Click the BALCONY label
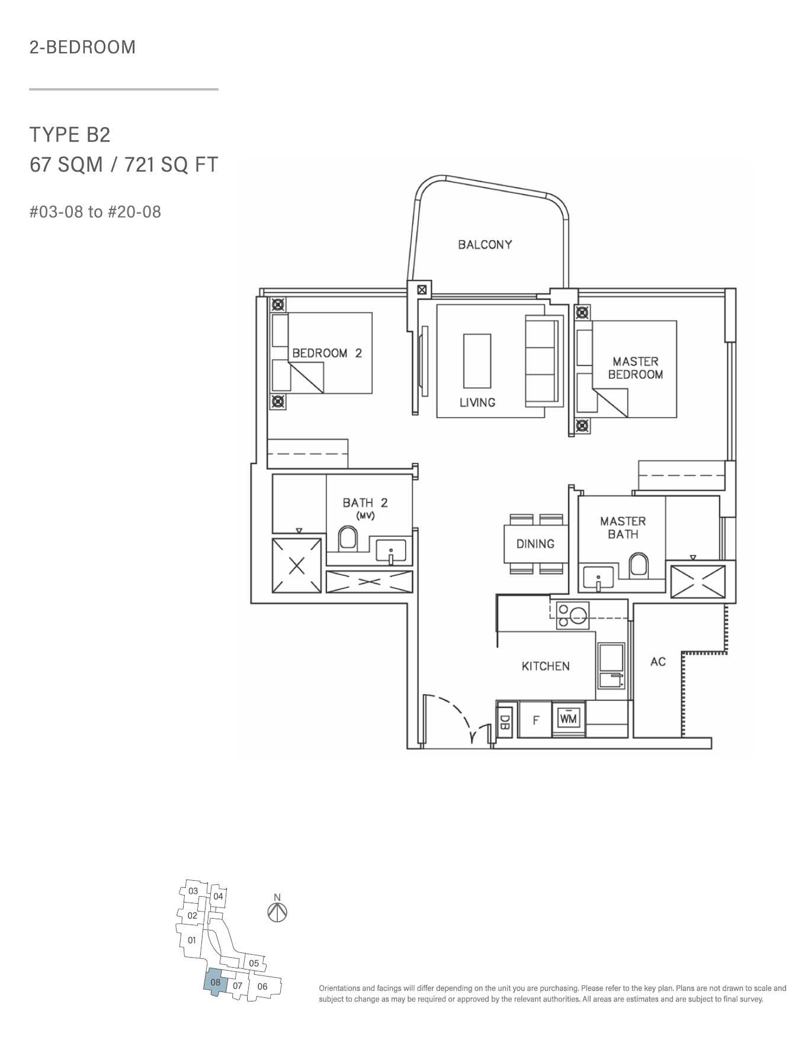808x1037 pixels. (x=485, y=244)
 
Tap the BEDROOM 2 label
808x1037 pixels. (x=327, y=353)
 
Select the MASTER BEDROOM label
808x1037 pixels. (x=635, y=368)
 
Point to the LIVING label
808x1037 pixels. (x=477, y=402)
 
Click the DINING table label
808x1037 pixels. (x=536, y=544)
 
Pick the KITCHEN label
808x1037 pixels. (x=546, y=666)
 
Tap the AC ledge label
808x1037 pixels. (x=658, y=662)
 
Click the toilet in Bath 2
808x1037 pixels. (x=348, y=539)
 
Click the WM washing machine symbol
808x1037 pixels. (x=568, y=719)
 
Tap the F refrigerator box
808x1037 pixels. (x=536, y=720)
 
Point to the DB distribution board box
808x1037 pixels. (x=505, y=722)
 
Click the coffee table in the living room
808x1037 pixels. (x=477, y=360)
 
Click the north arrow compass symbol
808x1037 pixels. (x=277, y=912)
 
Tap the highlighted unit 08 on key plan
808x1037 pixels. (x=215, y=982)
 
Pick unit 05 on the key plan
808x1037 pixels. (x=254, y=963)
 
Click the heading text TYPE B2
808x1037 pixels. (x=70, y=135)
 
